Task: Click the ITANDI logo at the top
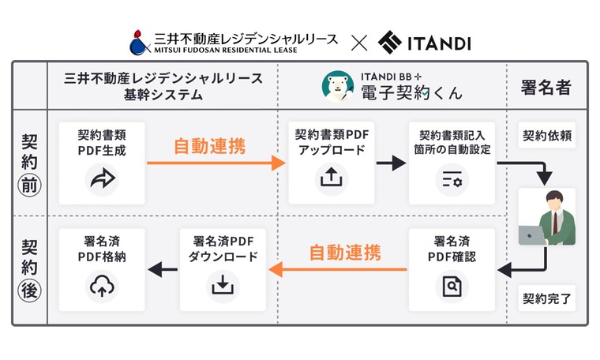[x=424, y=42]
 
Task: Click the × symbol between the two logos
[x=358, y=42]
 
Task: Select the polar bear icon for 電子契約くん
[x=338, y=86]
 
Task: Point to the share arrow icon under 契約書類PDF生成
[x=102, y=181]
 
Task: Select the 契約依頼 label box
[x=547, y=136]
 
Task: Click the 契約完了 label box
[x=547, y=298]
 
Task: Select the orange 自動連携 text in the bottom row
[x=344, y=253]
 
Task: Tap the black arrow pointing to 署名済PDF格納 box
[x=163, y=270]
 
